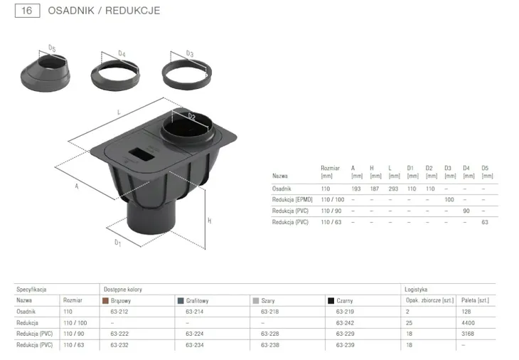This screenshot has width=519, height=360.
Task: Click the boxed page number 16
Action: (27, 11)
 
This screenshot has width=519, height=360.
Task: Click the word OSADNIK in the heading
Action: (71, 11)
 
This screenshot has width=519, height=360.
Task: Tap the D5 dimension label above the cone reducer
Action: (52, 48)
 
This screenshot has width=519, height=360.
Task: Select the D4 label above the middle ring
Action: (122, 53)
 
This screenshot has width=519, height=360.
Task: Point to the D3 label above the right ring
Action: (190, 53)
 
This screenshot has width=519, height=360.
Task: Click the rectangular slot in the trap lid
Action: (141, 154)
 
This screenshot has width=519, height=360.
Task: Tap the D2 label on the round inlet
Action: (192, 116)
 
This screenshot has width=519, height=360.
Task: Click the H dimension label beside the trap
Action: (210, 221)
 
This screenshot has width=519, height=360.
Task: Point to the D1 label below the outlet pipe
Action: (118, 243)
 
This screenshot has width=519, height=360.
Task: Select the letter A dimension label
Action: (77, 186)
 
